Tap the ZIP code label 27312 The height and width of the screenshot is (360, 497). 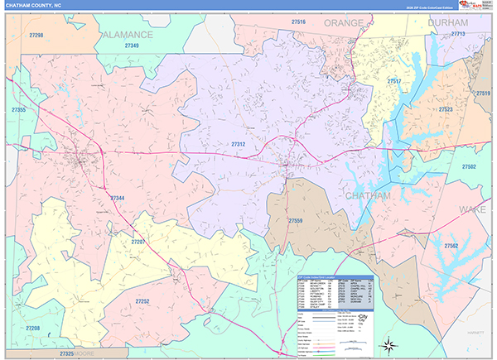pyautogui.click(x=239, y=144)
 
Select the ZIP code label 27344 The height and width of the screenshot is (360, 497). pyautogui.click(x=118, y=199)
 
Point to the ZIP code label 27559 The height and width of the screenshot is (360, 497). pyautogui.click(x=296, y=221)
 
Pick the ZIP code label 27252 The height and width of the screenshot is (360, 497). pyautogui.click(x=142, y=302)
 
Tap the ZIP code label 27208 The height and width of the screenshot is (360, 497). pyautogui.click(x=32, y=329)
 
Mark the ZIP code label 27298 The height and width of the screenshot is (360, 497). pyautogui.click(x=36, y=36)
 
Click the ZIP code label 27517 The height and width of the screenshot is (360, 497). pyautogui.click(x=394, y=81)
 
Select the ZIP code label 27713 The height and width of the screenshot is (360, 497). pyautogui.click(x=458, y=34)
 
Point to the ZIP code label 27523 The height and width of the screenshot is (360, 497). pyautogui.click(x=446, y=109)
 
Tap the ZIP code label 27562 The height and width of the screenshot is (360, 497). pyautogui.click(x=451, y=246)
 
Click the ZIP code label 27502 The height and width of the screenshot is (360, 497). pyautogui.click(x=469, y=167)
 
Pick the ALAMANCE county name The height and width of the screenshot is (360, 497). pyautogui.click(x=128, y=35)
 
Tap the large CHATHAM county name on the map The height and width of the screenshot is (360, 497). pyautogui.click(x=367, y=195)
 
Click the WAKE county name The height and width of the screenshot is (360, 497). pyautogui.click(x=472, y=210)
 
